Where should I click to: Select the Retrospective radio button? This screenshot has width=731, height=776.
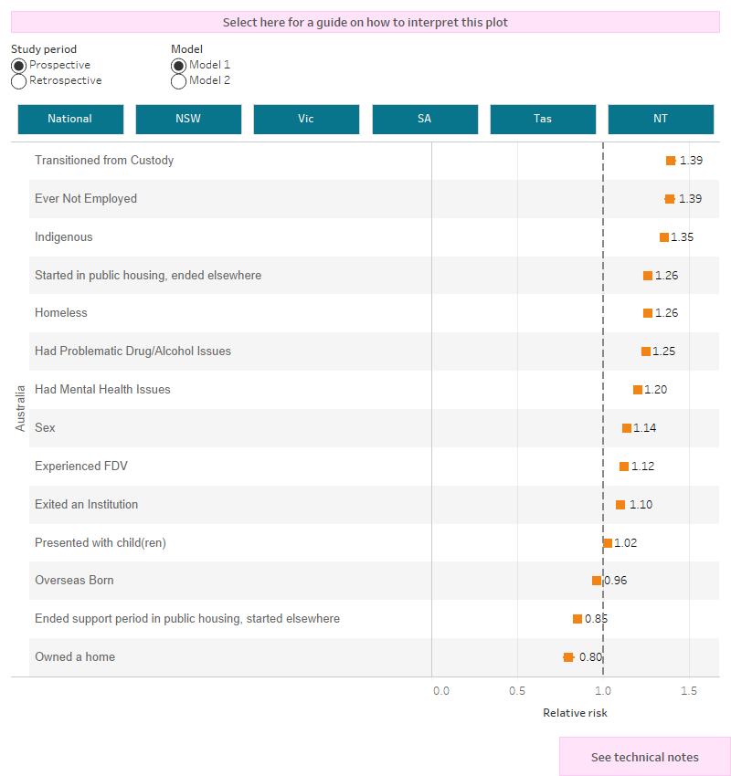coord(19,81)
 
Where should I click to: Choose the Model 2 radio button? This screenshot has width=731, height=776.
coord(179,81)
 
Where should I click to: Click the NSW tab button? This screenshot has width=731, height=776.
coord(188,120)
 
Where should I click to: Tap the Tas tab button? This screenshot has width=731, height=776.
coord(543,120)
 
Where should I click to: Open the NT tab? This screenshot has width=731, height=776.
coord(660,120)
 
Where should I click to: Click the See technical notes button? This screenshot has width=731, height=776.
coord(644,757)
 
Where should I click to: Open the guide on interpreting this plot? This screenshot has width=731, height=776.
coord(365,22)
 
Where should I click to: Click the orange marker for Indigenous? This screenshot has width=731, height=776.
coord(664,237)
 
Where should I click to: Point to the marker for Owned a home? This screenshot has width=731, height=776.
coord(568,657)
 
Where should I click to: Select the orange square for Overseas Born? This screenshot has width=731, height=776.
coord(597,581)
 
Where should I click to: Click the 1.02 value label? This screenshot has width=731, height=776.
coord(626,543)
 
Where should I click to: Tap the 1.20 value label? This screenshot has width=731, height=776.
coord(656,390)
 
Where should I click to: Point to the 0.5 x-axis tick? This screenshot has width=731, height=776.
coord(517,691)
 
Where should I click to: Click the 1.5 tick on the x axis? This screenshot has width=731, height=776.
coord(689,691)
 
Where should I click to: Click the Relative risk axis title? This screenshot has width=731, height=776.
coord(575,713)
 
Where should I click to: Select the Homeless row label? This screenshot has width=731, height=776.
coord(61,313)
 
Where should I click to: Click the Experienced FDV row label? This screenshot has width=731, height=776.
coord(81,467)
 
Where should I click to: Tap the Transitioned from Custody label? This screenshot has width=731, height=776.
coord(104,161)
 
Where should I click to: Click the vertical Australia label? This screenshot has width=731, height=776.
coord(20,409)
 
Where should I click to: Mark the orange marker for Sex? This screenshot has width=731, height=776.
coord(627,428)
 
